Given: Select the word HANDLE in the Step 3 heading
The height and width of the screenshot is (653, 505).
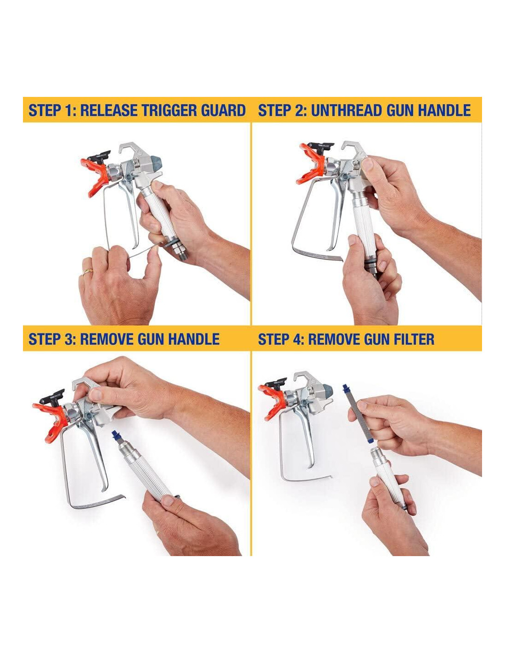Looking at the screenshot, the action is click(193, 339).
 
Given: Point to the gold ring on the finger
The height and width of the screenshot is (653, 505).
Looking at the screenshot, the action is click(88, 272).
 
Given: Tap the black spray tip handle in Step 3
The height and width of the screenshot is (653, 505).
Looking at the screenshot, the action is click(53, 395).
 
